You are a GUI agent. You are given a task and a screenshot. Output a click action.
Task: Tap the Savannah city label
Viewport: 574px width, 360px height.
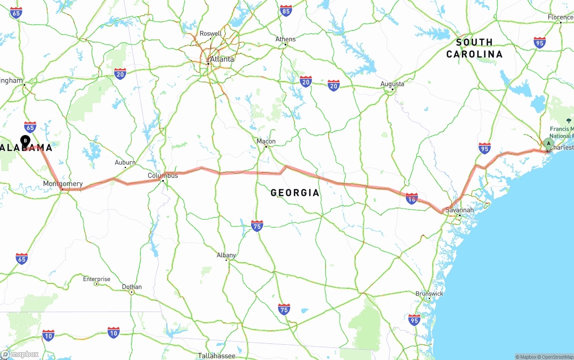pyautogui.click(x=459, y=210)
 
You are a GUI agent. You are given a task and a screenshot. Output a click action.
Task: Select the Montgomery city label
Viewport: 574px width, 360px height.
pyautogui.click(x=63, y=184)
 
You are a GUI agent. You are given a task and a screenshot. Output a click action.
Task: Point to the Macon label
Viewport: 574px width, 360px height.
pyautogui.click(x=266, y=142)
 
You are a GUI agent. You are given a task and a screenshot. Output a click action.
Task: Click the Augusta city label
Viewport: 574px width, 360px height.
pyautogui.click(x=392, y=84)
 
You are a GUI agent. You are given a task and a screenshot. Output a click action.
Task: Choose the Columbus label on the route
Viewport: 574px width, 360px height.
pyautogui.click(x=163, y=176)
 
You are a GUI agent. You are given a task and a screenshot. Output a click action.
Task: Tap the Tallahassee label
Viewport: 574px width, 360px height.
pyautogui.click(x=217, y=356)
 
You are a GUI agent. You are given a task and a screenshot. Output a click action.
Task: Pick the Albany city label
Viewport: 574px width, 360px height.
pyautogui.click(x=226, y=255)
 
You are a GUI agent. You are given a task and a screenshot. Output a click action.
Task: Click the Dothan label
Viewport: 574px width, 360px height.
pyautogui.click(x=132, y=287)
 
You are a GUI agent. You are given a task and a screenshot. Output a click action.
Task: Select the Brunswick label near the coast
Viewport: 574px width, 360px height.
pyautogui.click(x=429, y=294)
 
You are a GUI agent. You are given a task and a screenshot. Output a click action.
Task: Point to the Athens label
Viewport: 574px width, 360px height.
pyautogui.click(x=286, y=39)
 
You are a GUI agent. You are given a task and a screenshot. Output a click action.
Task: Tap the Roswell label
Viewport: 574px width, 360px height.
pyautogui.click(x=210, y=34)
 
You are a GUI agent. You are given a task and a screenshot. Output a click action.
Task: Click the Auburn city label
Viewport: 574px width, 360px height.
pyautogui.click(x=125, y=163)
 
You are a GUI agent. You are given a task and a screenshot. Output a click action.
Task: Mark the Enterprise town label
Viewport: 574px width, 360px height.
pyautogui.click(x=96, y=279)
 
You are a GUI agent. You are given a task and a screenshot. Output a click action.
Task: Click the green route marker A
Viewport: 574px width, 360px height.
pyautogui.click(x=548, y=143)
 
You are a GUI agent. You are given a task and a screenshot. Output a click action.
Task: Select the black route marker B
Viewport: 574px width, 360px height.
pyautogui.click(x=26, y=141)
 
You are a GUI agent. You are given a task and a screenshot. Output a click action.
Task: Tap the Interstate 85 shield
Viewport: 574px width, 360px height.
pyautogui.click(x=286, y=10)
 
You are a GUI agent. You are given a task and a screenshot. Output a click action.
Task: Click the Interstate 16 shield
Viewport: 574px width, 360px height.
pyautogui.click(x=412, y=198)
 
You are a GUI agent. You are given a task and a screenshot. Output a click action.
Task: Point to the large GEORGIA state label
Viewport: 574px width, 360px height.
pyautogui.click(x=295, y=193)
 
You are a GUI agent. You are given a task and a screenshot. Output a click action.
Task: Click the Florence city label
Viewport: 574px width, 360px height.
pyautogui.click(x=560, y=17)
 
